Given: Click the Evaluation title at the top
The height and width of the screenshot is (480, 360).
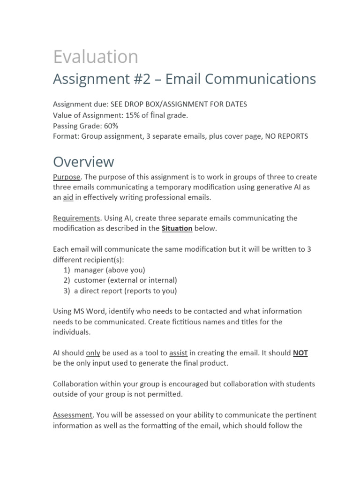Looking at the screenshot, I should coord(96,57).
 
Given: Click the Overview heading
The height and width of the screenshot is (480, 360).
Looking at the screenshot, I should coord(83,162).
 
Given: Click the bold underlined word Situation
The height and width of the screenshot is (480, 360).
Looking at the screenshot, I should coord(177,229).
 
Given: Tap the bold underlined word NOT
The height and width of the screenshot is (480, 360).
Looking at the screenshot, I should coord(300,353).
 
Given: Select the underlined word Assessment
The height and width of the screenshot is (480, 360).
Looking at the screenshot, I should coord(73,415).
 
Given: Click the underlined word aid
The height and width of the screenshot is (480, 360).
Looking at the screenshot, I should coord(68,198).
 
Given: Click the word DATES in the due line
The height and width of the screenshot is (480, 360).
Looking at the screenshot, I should coord(237,105).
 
